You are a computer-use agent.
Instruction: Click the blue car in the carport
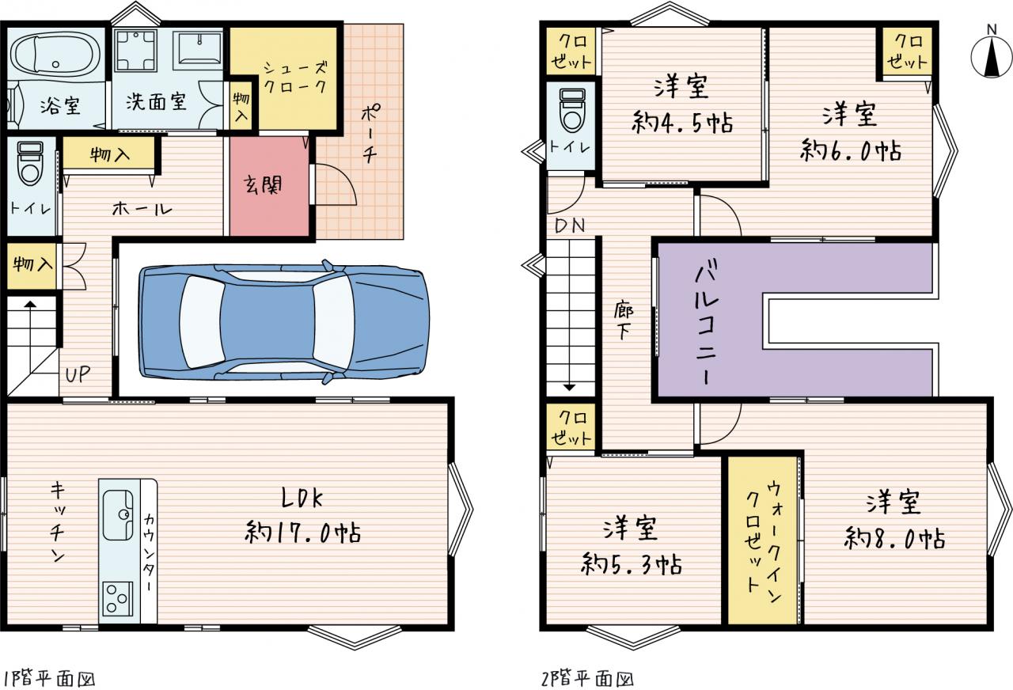[284, 322]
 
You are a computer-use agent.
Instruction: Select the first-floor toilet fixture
[30, 163]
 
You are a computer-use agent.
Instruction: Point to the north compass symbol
[991, 55]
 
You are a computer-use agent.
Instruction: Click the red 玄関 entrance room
[270, 186]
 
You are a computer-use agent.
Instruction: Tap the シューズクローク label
[295, 78]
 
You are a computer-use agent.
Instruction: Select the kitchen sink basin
[118, 515]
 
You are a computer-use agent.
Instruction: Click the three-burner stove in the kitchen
[117, 599]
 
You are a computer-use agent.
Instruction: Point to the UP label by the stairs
[78, 374]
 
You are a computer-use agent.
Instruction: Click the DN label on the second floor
[569, 226]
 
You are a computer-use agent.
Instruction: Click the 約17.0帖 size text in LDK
[302, 532]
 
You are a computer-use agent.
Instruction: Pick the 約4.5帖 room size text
[682, 122]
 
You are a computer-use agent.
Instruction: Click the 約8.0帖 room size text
[894, 538]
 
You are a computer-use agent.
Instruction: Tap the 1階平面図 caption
[49, 678]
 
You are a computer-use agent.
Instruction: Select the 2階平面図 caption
[587, 678]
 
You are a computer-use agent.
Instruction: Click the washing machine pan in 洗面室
[135, 50]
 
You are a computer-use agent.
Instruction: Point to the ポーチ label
[370, 134]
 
